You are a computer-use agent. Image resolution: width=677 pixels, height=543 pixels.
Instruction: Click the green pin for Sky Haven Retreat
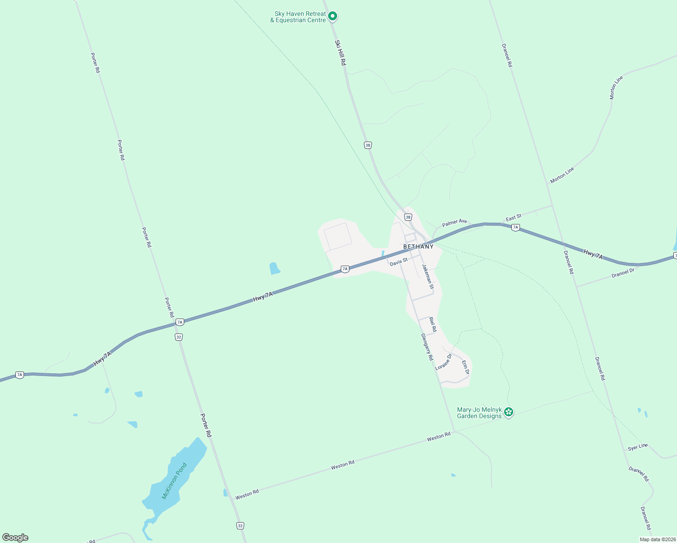coord(333,16)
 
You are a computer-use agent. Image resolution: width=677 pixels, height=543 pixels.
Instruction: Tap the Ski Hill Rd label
coord(340,53)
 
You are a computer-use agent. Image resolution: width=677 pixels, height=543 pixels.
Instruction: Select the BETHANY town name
coord(418,247)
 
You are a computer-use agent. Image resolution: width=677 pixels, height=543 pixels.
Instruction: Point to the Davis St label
coord(399,262)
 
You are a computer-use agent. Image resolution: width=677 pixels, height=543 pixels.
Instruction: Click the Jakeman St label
coord(428,276)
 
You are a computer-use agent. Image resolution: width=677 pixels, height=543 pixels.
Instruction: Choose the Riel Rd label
coord(433,324)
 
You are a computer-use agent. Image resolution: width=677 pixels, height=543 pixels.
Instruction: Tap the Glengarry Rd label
coord(427,347)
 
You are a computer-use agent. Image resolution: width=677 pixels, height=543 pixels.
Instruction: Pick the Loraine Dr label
coord(443,362)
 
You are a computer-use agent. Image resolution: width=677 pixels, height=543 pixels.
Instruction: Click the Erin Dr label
coord(465,367)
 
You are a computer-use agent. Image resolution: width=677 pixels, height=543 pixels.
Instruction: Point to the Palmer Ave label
coord(454,223)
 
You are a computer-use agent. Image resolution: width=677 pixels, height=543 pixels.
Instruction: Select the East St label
coord(514,218)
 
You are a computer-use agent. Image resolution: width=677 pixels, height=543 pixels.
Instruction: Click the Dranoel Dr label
coord(623,273)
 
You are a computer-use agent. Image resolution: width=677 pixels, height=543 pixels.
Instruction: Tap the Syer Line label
coord(638,447)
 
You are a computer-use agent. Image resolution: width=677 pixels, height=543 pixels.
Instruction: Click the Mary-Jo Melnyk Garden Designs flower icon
coord(509,412)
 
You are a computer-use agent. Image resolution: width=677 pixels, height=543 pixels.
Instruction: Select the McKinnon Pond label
coord(174,481)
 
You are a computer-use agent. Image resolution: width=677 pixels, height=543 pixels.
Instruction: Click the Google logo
coord(15,538)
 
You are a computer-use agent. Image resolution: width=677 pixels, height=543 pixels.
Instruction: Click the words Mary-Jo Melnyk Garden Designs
coord(479,413)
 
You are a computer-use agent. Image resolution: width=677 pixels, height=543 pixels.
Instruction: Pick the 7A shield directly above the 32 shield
coord(180,322)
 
